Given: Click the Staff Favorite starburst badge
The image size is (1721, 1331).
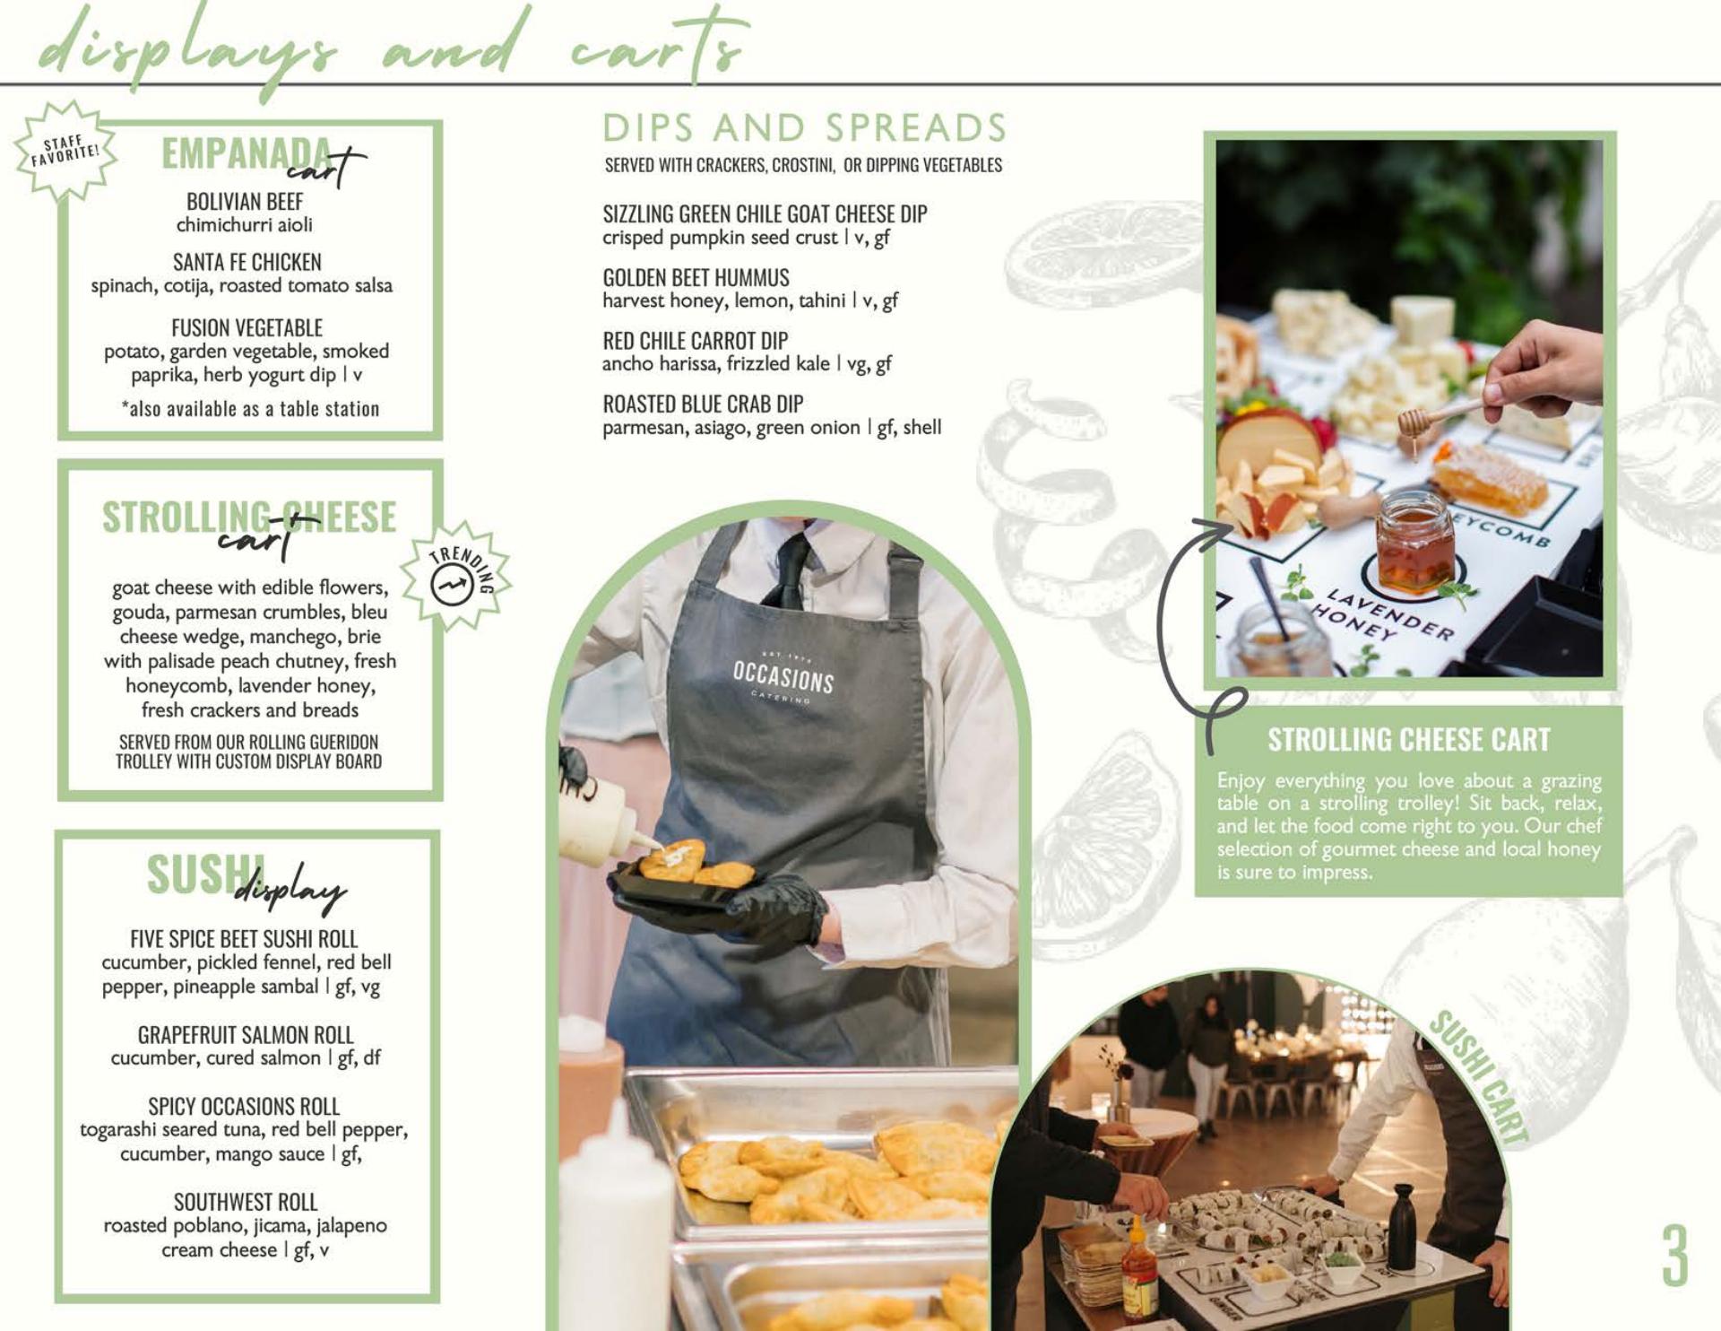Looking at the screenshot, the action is (65, 150).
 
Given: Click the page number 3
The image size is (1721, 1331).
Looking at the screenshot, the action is (1674, 1256).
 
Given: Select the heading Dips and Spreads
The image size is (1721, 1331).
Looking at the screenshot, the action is (805, 128).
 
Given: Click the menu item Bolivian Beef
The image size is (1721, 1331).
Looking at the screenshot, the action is (245, 202).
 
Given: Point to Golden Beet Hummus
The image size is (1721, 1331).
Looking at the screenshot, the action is (696, 278).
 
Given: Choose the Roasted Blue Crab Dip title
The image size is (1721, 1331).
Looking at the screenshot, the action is (703, 405).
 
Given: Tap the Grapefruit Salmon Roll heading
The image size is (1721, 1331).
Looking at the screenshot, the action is (246, 1035).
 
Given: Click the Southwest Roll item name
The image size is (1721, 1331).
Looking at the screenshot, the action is (246, 1202).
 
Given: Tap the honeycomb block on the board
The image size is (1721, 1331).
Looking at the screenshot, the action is (1489, 476).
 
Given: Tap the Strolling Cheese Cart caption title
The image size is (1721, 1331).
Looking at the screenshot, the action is (1408, 740).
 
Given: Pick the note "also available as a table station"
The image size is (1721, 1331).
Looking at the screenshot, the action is (250, 409).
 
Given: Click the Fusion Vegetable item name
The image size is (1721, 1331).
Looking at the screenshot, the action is (246, 328).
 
